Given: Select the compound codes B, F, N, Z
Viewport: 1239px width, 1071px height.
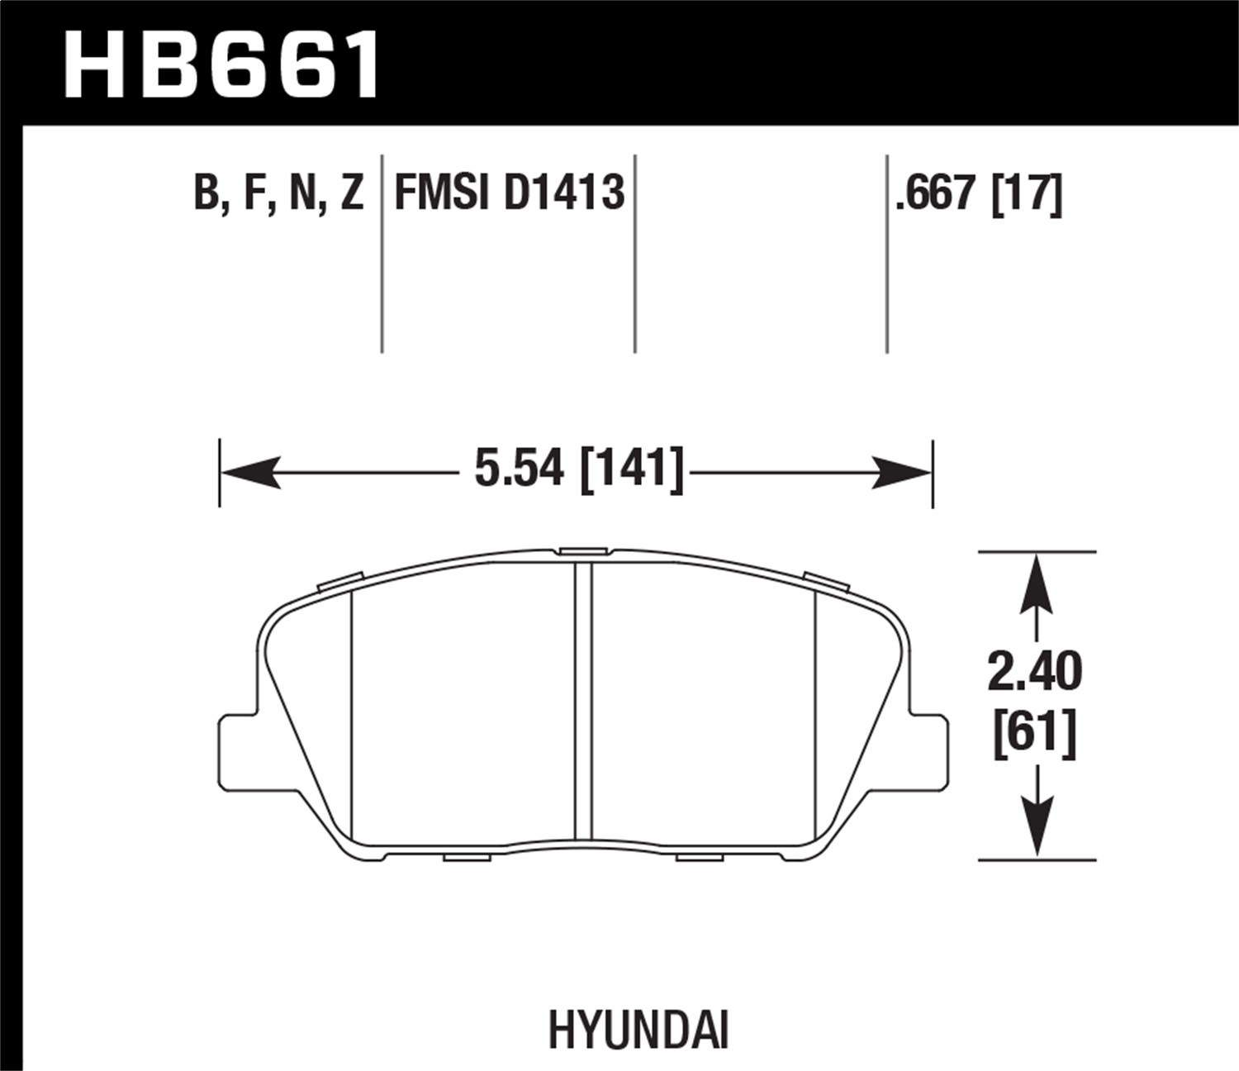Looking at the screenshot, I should coord(278,193).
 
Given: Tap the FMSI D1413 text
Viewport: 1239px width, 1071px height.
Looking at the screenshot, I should coord(509,193).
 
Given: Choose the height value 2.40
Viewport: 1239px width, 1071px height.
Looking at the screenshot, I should coord(1034,672).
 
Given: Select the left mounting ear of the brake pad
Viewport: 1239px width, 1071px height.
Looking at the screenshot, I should coord(236,750).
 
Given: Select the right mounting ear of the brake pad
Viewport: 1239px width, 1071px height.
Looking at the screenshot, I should coord(930,750).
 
